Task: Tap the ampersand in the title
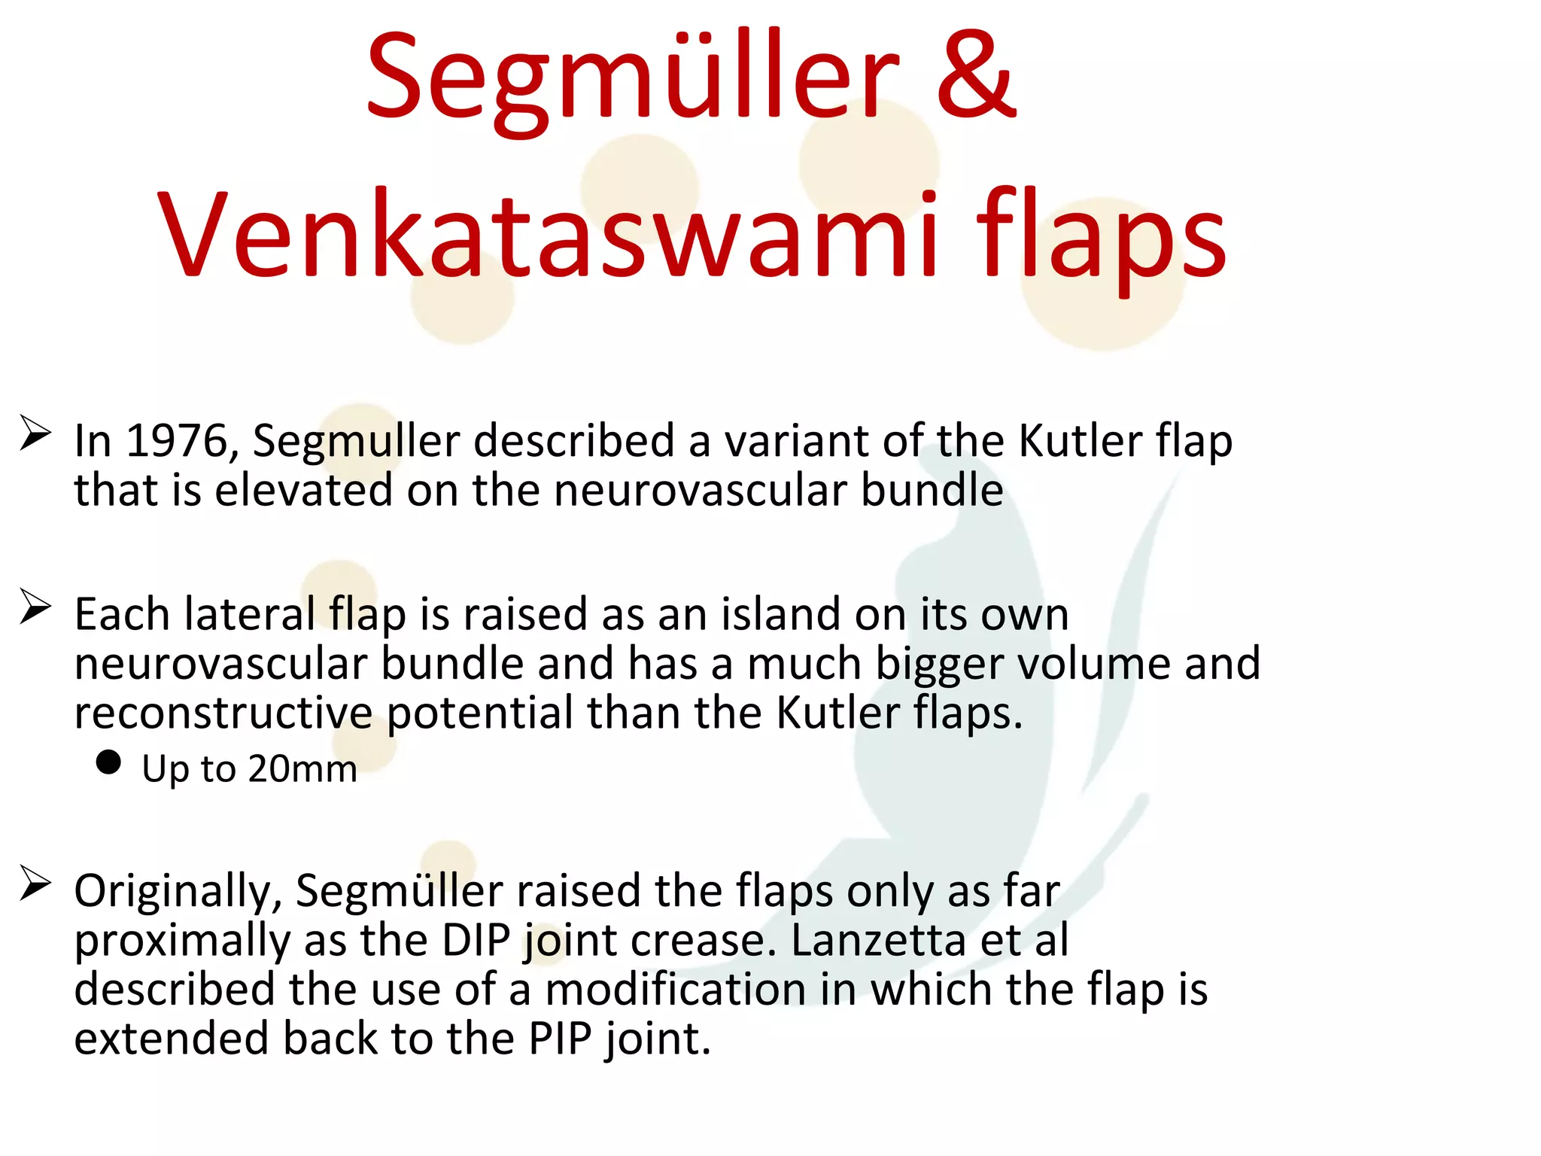coord(976,77)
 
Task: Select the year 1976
coord(177,441)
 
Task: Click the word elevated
coord(303,491)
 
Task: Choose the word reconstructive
coord(223,713)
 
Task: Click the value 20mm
coord(302,769)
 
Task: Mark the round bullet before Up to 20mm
coord(109,762)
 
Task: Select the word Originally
coord(178,892)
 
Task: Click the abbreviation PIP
coord(560,1039)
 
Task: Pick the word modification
coord(675,990)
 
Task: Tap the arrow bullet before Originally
coord(35,883)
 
